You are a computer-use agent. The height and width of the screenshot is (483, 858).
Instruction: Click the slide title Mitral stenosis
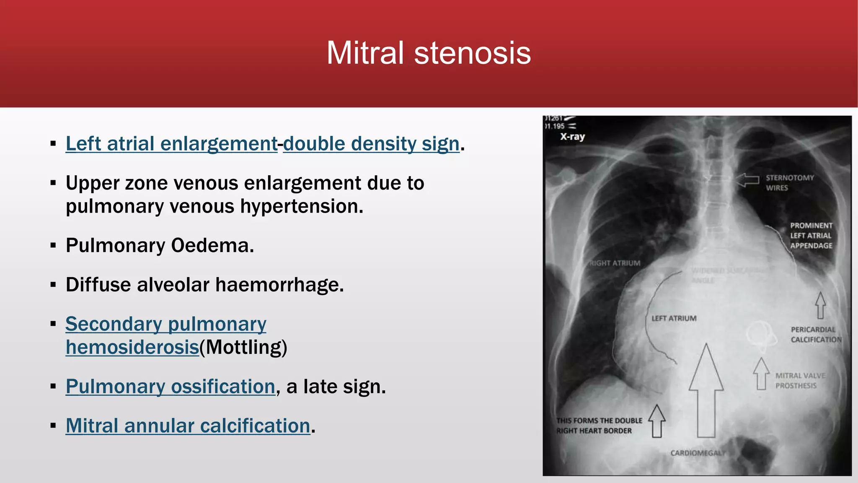pyautogui.click(x=429, y=53)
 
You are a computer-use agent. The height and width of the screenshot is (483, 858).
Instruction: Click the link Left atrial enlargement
pyautogui.click(x=171, y=144)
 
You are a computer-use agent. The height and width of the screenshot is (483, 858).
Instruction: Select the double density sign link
pyautogui.click(x=371, y=144)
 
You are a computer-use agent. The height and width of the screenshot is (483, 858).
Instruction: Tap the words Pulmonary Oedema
pyautogui.click(x=160, y=246)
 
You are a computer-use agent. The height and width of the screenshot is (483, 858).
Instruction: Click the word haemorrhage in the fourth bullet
pyautogui.click(x=279, y=285)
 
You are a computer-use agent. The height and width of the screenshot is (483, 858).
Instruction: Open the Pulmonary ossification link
pyautogui.click(x=170, y=387)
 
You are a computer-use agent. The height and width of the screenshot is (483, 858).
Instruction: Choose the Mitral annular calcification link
pyautogui.click(x=188, y=426)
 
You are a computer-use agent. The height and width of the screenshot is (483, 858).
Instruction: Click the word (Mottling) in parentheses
pyautogui.click(x=243, y=347)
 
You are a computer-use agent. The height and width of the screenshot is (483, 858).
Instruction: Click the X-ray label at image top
pyautogui.click(x=572, y=137)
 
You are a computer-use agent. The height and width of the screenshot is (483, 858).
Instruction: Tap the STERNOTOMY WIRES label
pyautogui.click(x=789, y=183)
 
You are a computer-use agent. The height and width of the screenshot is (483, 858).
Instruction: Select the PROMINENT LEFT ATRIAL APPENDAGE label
pyautogui.click(x=811, y=236)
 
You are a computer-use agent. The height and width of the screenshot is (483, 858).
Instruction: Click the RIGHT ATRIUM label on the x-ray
pyautogui.click(x=615, y=263)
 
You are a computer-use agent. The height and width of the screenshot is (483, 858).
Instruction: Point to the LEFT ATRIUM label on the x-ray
pyautogui.click(x=674, y=319)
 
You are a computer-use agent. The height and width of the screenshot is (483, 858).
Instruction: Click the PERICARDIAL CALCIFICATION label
pyautogui.click(x=816, y=335)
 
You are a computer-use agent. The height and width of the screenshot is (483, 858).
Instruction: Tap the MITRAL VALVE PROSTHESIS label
pyautogui.click(x=799, y=381)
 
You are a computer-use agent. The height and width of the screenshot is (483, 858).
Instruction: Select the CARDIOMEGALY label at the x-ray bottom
pyautogui.click(x=698, y=453)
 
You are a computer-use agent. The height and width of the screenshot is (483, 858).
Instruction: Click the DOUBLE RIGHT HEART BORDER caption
pyautogui.click(x=599, y=426)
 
